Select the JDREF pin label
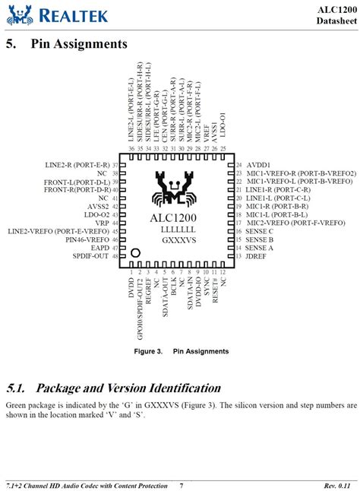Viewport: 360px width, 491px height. click(258, 256)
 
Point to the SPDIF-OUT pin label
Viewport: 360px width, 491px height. click(90, 256)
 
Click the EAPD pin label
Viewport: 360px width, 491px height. click(99, 248)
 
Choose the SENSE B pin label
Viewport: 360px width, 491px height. click(260, 239)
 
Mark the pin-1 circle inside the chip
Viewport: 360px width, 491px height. click(136, 252)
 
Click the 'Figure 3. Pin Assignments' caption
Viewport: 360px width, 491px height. click(181, 351)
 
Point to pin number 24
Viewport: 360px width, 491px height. click(238, 164)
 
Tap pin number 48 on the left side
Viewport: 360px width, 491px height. click(115, 256)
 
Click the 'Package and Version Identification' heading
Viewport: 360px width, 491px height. click(113, 388)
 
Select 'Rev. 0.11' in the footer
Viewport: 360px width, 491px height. click(340, 485)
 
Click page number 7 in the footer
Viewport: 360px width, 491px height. click(181, 485)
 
